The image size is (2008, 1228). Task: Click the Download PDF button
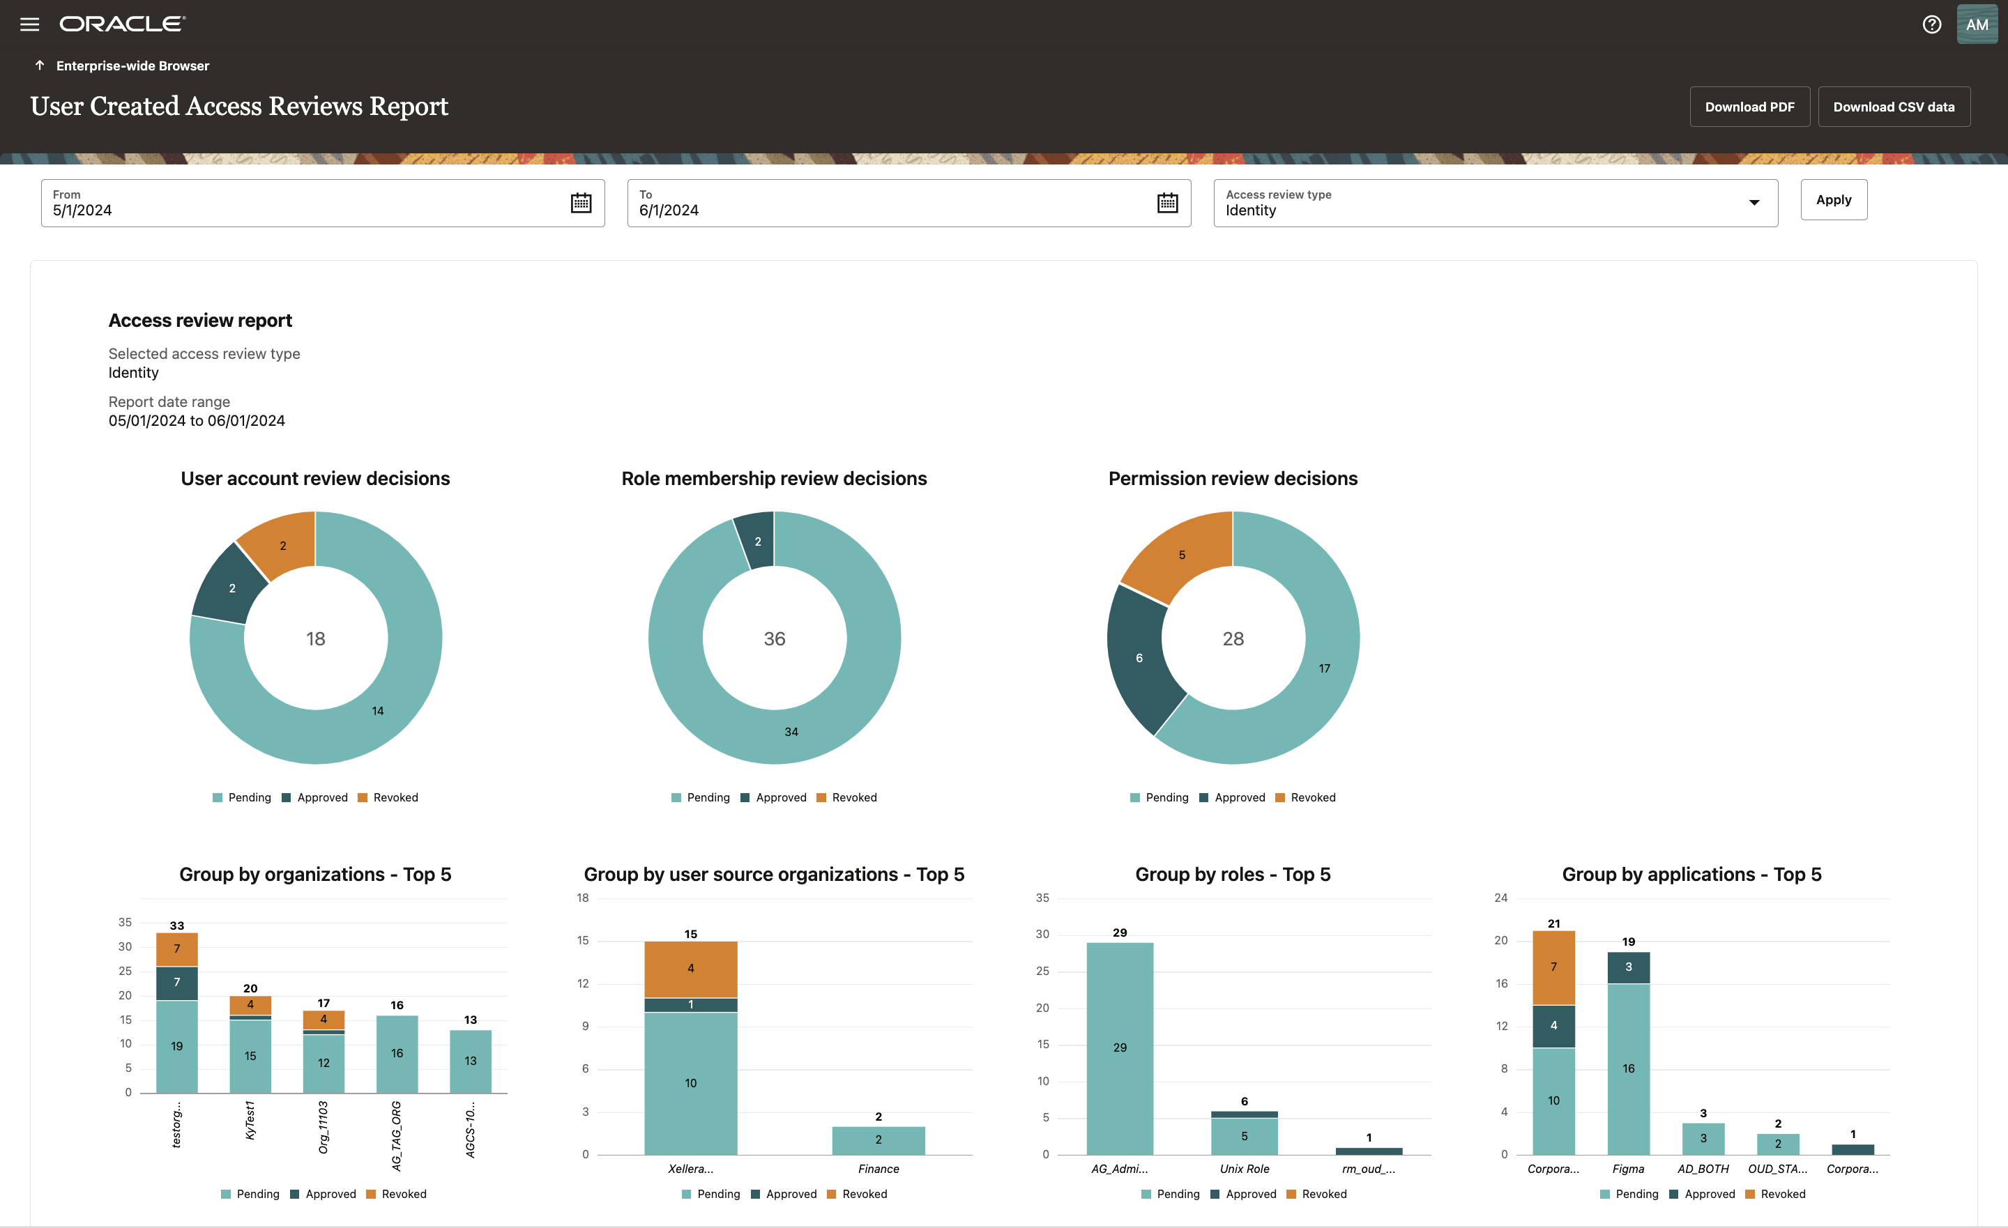pos(1749,107)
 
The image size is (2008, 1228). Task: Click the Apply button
pos(1833,199)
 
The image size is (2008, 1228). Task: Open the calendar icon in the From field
pos(580,203)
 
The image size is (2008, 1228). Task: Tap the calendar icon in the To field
pos(1167,203)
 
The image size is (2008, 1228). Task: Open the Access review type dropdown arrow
pos(1754,203)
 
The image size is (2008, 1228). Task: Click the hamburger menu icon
pos(29,24)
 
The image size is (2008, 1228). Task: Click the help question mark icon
pos(1931,24)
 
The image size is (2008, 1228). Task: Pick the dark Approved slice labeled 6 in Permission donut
pos(1139,657)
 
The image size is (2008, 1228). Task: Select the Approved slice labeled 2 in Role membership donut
pos(757,540)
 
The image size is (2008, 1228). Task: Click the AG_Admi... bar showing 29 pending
pos(1119,1047)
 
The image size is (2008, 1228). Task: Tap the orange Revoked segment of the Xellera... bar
pos(690,968)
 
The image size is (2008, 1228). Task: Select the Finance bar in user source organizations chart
pos(878,1139)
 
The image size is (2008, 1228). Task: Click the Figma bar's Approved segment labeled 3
pos(1627,967)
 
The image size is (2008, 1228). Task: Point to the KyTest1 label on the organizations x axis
pos(250,1121)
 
